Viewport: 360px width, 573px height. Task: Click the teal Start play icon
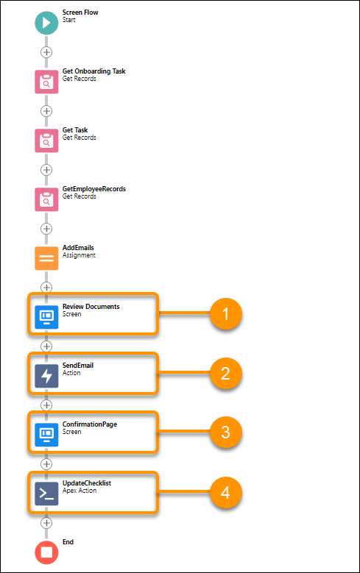pyautogui.click(x=46, y=23)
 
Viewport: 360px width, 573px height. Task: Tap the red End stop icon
pyautogui.click(x=46, y=552)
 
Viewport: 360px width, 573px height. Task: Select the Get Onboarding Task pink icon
pyautogui.click(x=46, y=82)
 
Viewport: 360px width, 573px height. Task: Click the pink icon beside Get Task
pyautogui.click(x=46, y=140)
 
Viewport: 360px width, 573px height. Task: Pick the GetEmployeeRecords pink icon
pyautogui.click(x=46, y=199)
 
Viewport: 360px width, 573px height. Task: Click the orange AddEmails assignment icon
pyautogui.click(x=46, y=258)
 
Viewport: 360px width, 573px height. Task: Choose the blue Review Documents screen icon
pyautogui.click(x=46, y=316)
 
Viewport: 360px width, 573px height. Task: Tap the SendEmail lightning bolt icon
pyautogui.click(x=46, y=375)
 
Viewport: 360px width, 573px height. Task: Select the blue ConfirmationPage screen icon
pyautogui.click(x=46, y=434)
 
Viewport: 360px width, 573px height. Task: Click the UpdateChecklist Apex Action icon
pyautogui.click(x=46, y=493)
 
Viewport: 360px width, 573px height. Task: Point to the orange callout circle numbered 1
pyautogui.click(x=226, y=315)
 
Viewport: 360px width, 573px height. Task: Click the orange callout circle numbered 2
pyautogui.click(x=226, y=374)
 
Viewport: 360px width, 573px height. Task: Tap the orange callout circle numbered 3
pyautogui.click(x=226, y=433)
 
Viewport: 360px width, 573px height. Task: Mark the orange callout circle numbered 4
pyautogui.click(x=226, y=491)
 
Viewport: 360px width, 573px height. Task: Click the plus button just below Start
pyautogui.click(x=46, y=52)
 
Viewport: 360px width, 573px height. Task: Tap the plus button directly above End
pyautogui.click(x=46, y=522)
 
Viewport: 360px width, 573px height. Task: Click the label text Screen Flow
pyautogui.click(x=80, y=13)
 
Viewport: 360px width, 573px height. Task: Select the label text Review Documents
pyautogui.click(x=91, y=306)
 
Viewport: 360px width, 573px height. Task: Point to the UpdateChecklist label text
pyautogui.click(x=87, y=483)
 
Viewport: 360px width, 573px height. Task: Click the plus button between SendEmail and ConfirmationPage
pyautogui.click(x=46, y=405)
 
